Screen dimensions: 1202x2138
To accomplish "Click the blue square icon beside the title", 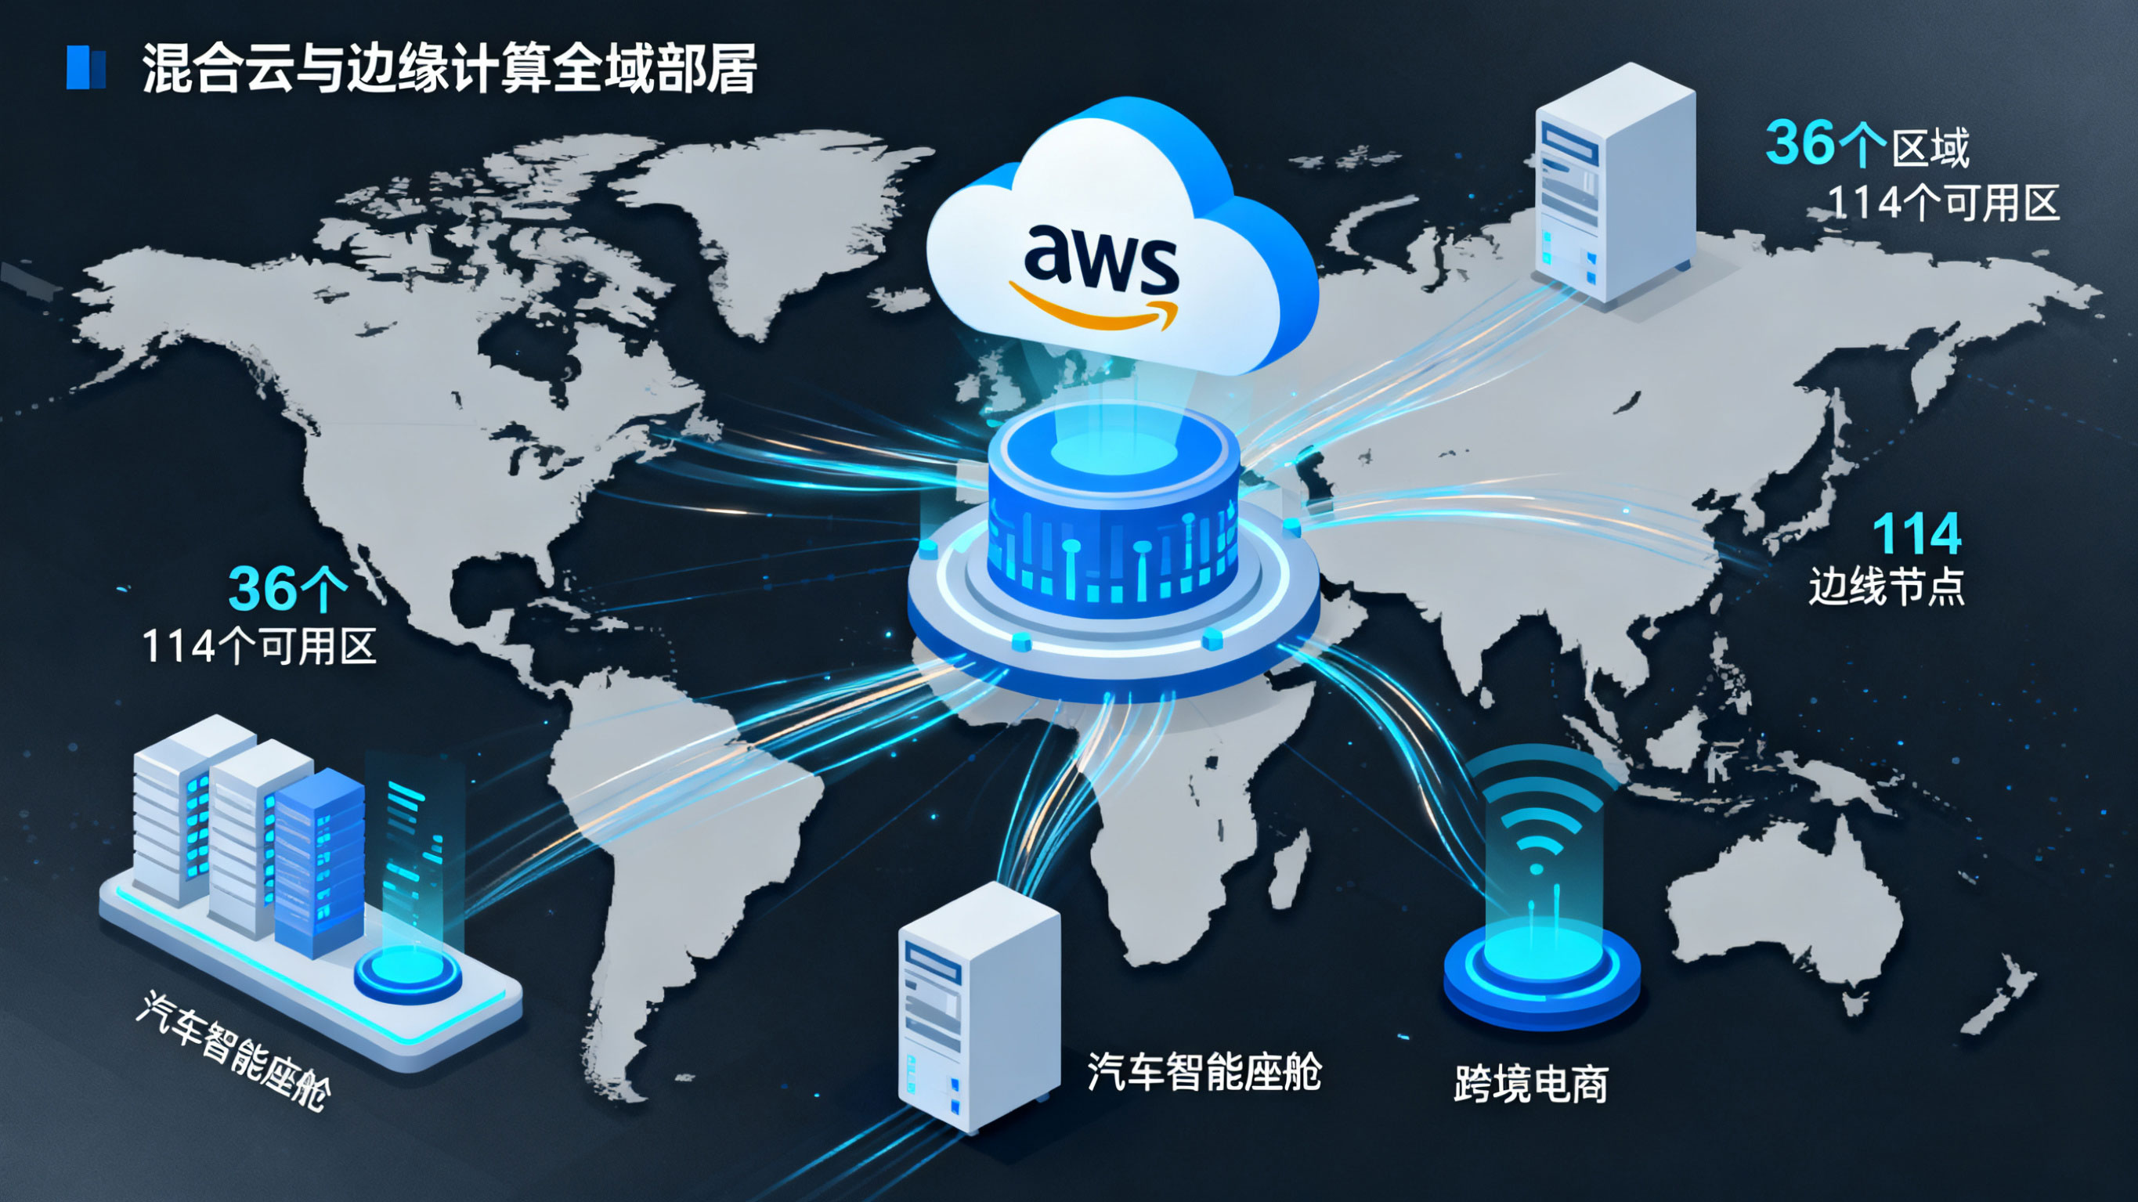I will click(85, 67).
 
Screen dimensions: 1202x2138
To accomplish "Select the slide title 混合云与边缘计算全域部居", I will click(448, 67).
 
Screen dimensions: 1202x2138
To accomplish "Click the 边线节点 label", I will click(1886, 586).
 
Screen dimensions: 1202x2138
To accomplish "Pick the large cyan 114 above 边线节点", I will click(1916, 534).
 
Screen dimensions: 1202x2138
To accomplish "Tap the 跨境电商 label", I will click(1530, 1083).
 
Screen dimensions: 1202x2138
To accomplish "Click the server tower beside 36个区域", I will click(1614, 182).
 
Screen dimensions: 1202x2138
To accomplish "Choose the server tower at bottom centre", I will click(980, 1005).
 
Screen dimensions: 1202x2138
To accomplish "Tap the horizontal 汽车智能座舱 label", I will click(1204, 1071).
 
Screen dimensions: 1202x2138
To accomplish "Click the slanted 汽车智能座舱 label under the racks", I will click(233, 1049).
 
